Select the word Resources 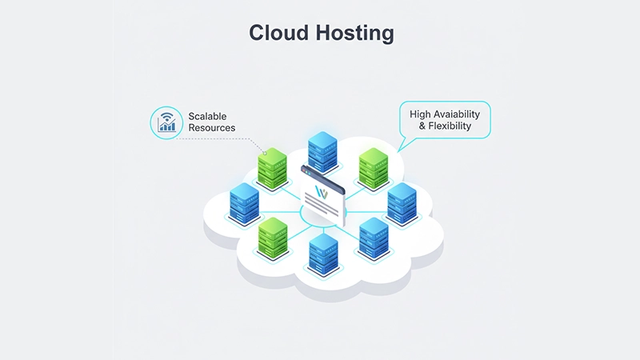click(213, 128)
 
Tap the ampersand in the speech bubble click(414, 126)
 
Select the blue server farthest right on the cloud click(401, 203)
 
